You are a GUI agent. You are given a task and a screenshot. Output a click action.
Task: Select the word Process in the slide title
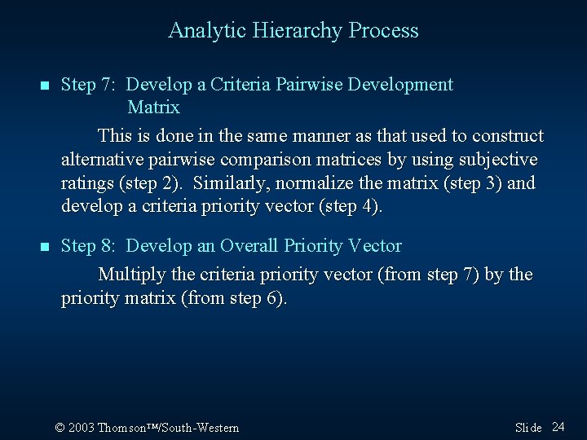point(383,31)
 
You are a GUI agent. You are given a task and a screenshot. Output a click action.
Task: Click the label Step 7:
point(90,85)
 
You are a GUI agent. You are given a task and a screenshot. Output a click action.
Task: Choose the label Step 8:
point(90,246)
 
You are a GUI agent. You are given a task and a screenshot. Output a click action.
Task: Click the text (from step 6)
point(236,298)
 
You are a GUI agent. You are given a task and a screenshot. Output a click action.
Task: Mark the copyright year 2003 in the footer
point(82,428)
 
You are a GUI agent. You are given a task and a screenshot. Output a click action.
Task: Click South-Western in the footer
point(204,428)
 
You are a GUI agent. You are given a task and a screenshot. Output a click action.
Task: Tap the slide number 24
point(558,427)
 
